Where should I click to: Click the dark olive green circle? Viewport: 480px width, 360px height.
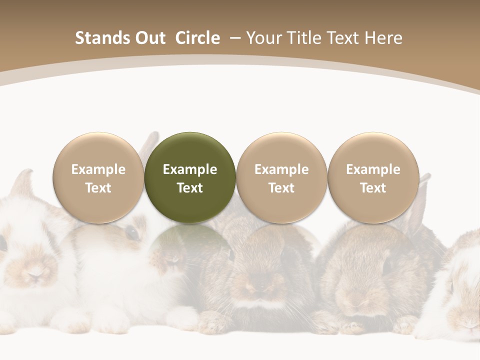click(x=190, y=177)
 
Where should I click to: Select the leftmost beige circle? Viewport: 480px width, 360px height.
click(x=98, y=177)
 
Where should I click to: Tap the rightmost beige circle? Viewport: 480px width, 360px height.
click(x=373, y=177)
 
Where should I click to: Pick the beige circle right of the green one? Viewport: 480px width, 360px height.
click(x=281, y=177)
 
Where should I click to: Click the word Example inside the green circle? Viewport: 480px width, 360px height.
click(x=190, y=169)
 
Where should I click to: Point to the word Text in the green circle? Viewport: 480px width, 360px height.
click(x=190, y=188)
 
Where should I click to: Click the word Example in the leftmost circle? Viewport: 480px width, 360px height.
click(x=98, y=169)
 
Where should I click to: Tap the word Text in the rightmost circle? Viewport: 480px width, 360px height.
click(x=373, y=188)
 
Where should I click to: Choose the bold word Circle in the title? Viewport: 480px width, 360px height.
click(x=197, y=38)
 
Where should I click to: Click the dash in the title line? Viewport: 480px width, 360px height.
click(x=235, y=38)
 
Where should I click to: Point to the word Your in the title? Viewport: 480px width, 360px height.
click(x=262, y=38)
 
